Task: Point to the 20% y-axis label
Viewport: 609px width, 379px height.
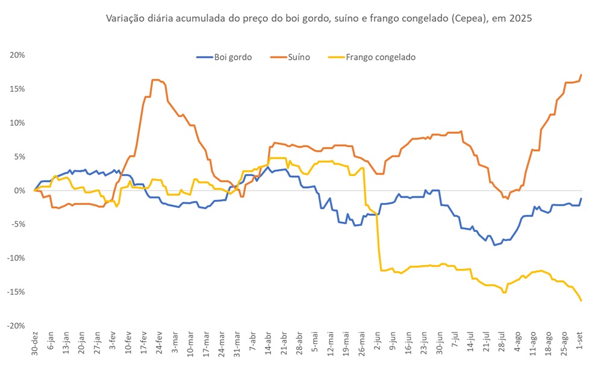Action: click(x=17, y=55)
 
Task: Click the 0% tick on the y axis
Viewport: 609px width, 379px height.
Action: click(x=19, y=190)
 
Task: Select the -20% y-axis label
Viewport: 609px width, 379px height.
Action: click(x=16, y=325)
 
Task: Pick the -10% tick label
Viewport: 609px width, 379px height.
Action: click(x=16, y=258)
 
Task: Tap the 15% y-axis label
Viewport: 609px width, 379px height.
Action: click(x=17, y=89)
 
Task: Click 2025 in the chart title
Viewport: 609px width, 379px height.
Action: click(x=520, y=19)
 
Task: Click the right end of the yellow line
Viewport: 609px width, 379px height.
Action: click(x=581, y=301)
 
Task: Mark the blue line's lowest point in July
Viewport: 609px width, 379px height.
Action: click(x=495, y=245)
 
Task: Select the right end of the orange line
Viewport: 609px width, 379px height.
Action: click(x=581, y=75)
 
